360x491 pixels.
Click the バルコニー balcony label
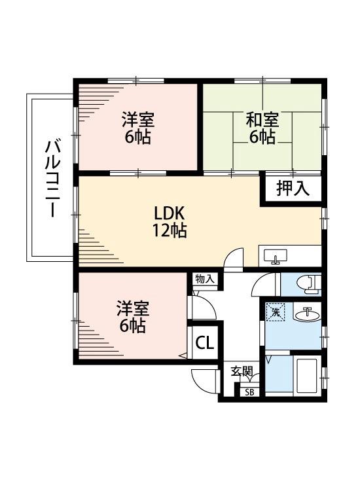[50, 178]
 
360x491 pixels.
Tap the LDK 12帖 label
[171, 221]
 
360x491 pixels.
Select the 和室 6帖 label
[262, 128]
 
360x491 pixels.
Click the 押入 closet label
[292, 189]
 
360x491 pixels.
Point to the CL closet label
[204, 342]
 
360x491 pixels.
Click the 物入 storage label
[204, 279]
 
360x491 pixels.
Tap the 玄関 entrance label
[242, 371]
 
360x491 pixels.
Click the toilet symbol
[306, 283]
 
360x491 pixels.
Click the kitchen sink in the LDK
[276, 256]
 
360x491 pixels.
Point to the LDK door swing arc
[233, 257]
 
